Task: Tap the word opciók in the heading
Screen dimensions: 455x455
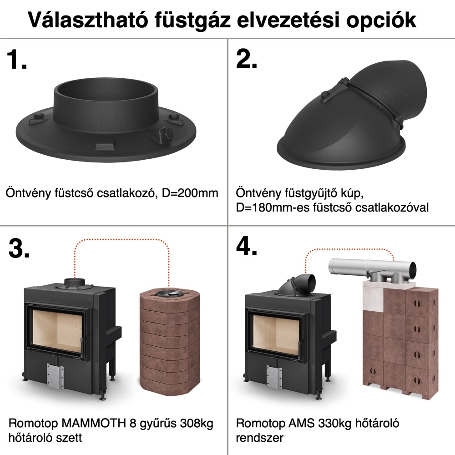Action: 381,20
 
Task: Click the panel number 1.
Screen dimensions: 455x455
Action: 17,59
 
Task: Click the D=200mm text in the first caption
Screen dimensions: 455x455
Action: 190,193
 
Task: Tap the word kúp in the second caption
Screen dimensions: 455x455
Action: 353,193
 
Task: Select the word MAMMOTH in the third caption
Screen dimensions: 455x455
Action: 94,423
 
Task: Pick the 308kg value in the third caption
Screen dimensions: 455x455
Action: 197,424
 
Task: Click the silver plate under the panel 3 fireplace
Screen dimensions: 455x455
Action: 55,376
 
